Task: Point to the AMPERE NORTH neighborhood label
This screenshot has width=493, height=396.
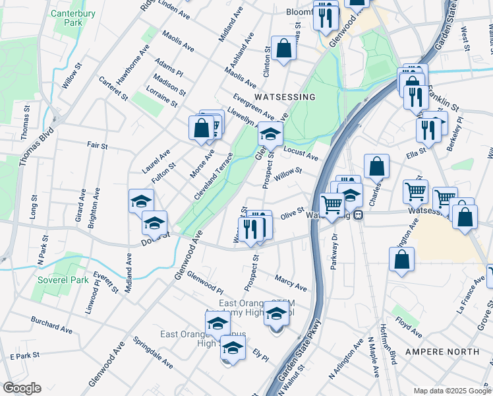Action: point(436,352)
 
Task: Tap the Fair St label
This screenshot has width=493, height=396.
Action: point(97,145)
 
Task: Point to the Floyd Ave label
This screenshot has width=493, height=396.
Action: point(409,324)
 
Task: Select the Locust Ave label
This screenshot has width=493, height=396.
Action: point(301,154)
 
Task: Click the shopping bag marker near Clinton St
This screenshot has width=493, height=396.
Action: point(283,48)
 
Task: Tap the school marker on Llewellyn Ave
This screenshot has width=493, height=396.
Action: point(270,134)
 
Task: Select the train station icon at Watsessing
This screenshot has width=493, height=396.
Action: point(358,215)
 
